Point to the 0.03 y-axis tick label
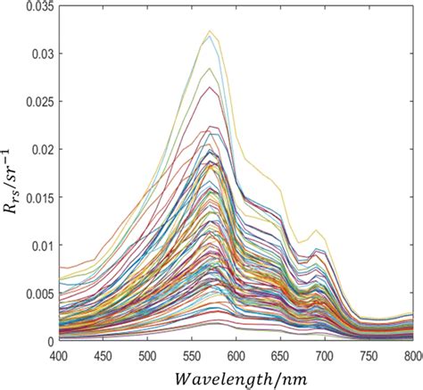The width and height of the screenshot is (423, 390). click(41, 54)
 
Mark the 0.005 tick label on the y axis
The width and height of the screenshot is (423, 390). click(37, 294)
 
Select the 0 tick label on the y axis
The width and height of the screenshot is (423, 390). click(51, 341)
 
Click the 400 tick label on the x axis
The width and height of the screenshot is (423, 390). click(59, 355)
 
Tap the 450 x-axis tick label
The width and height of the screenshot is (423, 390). click(104, 355)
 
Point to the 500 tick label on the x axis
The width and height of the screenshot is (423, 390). click(148, 355)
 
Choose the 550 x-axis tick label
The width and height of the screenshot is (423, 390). click(192, 355)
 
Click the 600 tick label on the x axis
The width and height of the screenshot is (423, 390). click(236, 355)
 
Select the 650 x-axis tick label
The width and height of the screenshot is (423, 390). click(280, 355)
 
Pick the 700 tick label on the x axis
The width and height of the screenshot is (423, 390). click(325, 355)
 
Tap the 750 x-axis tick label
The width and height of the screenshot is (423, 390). click(369, 355)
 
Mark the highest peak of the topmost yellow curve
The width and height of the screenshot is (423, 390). click(210, 31)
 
